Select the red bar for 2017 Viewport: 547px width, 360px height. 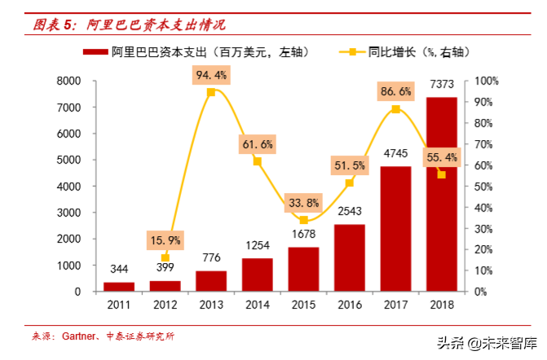tap(395, 228)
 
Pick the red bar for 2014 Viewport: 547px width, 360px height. tap(257, 274)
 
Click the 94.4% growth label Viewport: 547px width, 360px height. tap(211, 76)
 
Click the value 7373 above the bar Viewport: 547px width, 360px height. tap(441, 86)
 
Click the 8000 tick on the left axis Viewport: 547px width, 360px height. tap(68, 81)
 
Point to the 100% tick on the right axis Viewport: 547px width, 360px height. tap(486, 81)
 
